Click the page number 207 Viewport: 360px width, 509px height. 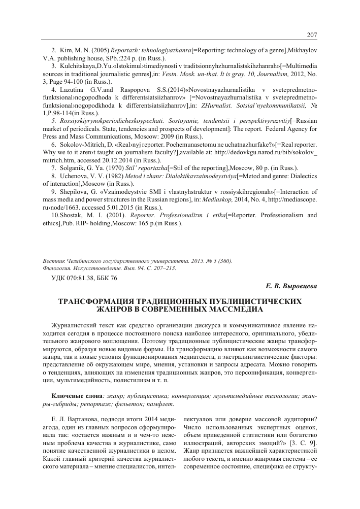tap(312, 35)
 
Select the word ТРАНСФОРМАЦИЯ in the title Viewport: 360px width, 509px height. tap(102, 301)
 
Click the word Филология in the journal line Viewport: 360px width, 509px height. tap(59, 268)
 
